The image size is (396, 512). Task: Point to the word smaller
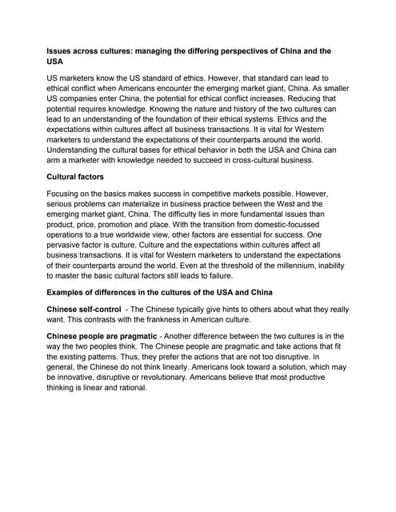pos(328,90)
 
